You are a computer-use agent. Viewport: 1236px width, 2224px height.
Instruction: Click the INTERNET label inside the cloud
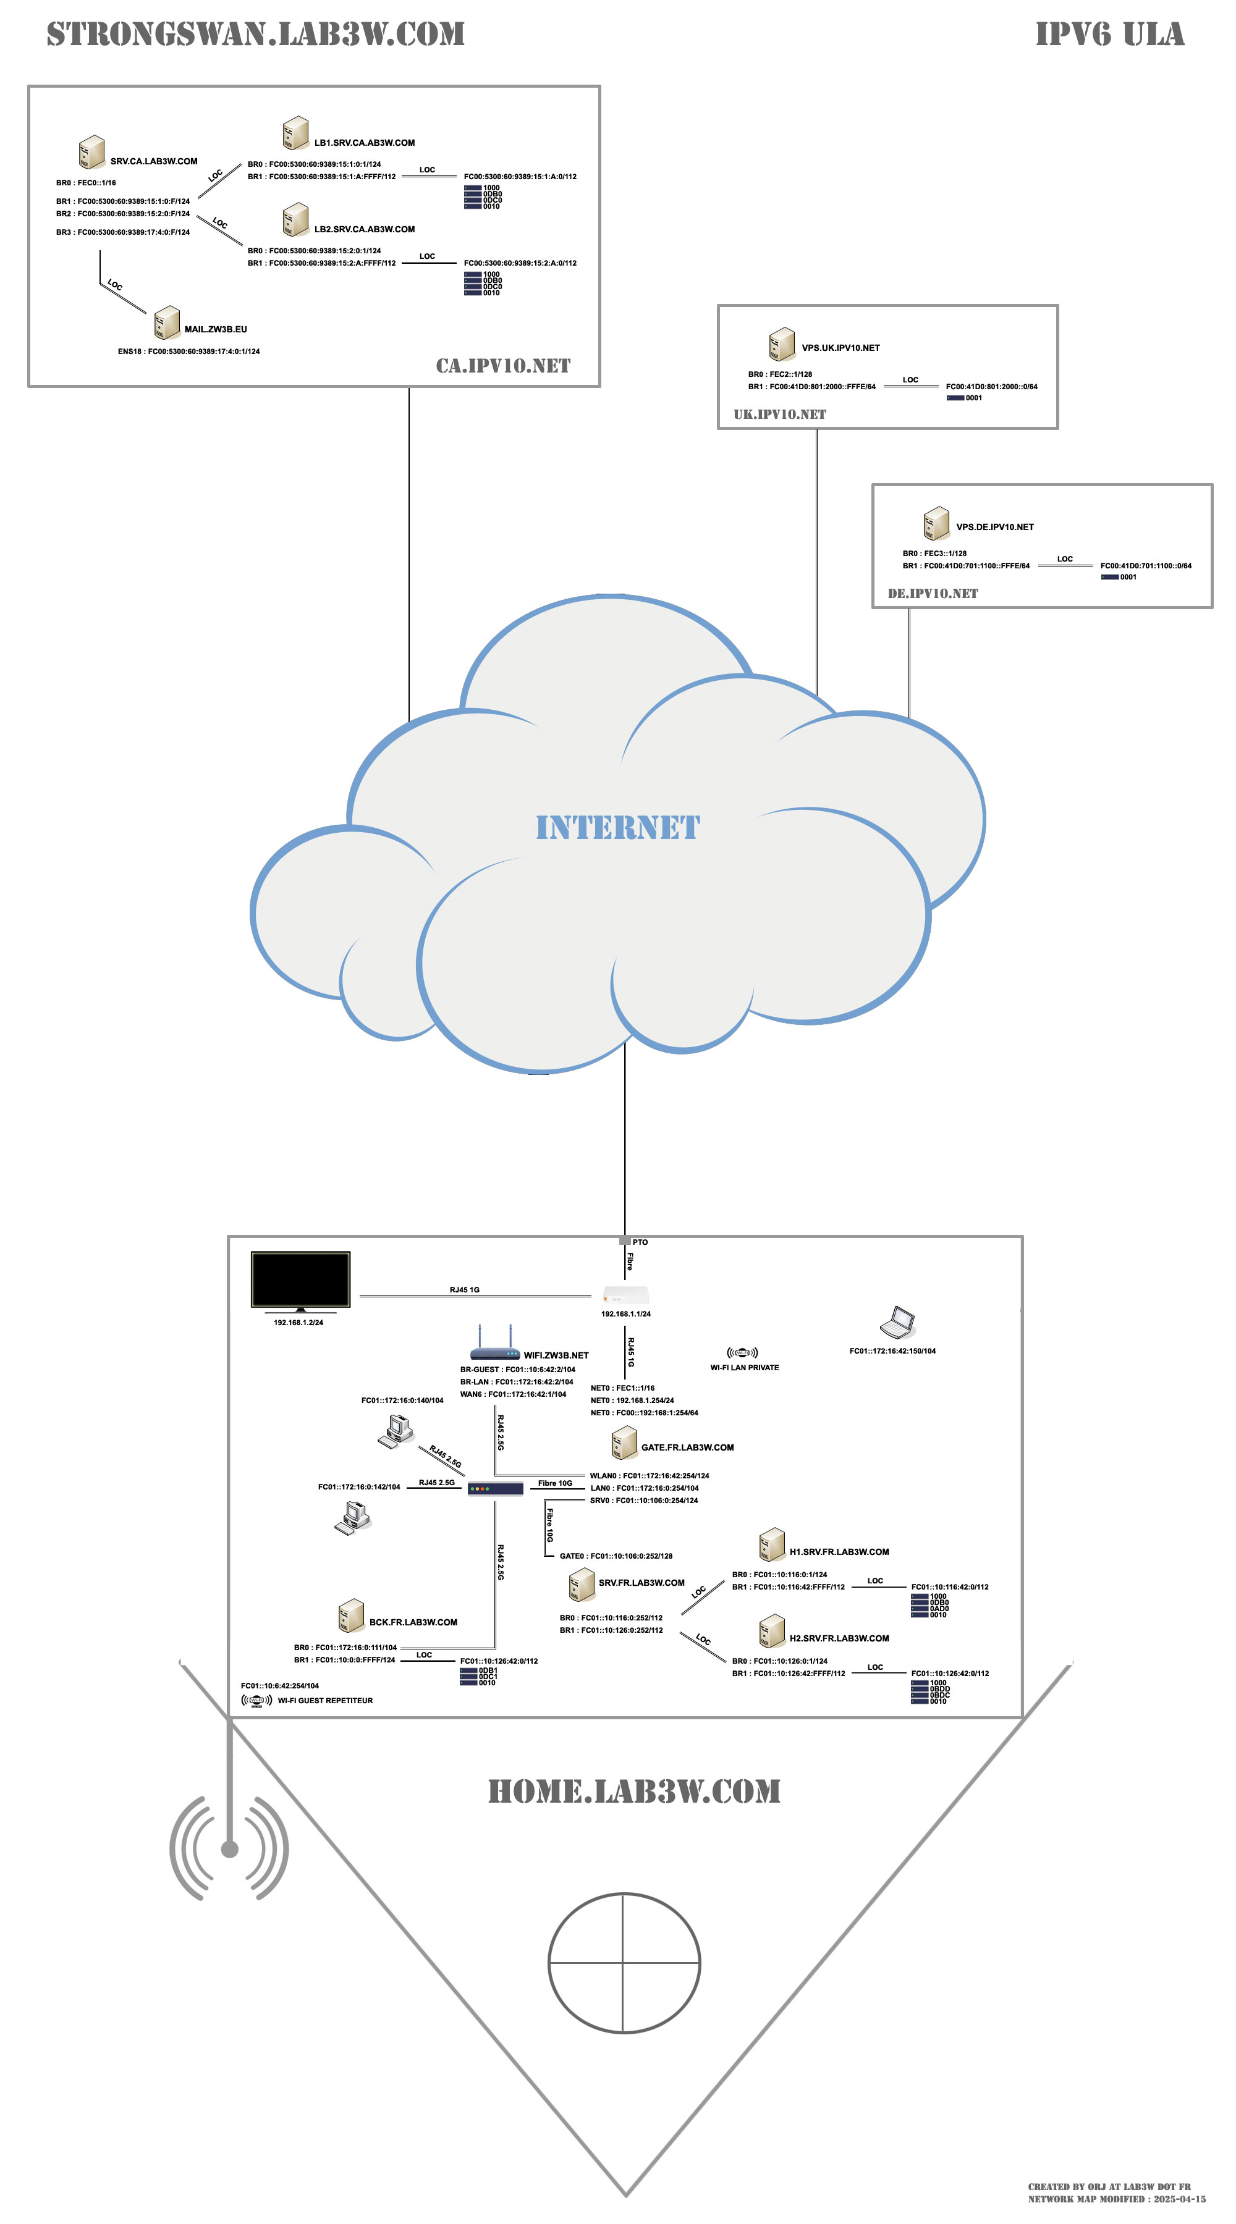617,827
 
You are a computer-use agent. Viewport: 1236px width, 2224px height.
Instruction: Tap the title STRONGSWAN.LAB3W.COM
256,35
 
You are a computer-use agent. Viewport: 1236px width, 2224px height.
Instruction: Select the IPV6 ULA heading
1109,35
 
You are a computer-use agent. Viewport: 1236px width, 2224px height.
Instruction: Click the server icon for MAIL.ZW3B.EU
167,323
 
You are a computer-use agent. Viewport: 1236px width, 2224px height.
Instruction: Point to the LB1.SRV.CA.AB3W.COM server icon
295,133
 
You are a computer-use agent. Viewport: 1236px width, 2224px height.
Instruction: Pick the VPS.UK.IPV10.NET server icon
782,343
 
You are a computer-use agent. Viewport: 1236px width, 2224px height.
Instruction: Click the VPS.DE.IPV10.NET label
994,526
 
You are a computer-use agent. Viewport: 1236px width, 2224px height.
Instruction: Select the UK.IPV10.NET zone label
779,415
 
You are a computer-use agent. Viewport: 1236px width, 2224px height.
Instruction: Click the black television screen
300,1279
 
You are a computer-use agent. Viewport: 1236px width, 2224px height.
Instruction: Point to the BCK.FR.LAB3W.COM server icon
350,1616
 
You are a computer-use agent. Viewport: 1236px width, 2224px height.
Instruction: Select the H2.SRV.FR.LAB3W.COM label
839,1638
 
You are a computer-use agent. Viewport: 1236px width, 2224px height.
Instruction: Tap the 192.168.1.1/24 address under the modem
625,1314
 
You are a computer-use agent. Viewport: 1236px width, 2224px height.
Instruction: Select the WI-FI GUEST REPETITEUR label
325,1700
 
